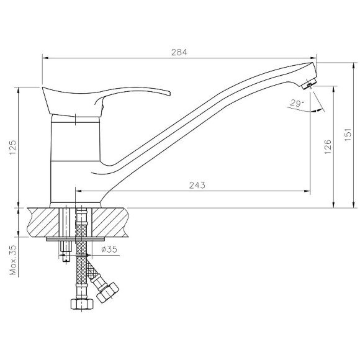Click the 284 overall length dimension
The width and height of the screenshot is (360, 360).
pos(179,53)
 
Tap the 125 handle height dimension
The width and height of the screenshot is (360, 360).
pos(13,147)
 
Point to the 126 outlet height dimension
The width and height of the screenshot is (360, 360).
pos(328,146)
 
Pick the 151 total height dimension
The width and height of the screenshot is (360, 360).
pos(348,135)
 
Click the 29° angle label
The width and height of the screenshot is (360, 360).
pos(297,103)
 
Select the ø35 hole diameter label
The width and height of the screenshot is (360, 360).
pos(109,249)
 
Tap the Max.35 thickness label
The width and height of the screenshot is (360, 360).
pos(13,260)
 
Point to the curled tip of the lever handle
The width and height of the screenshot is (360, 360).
pos(168,92)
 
